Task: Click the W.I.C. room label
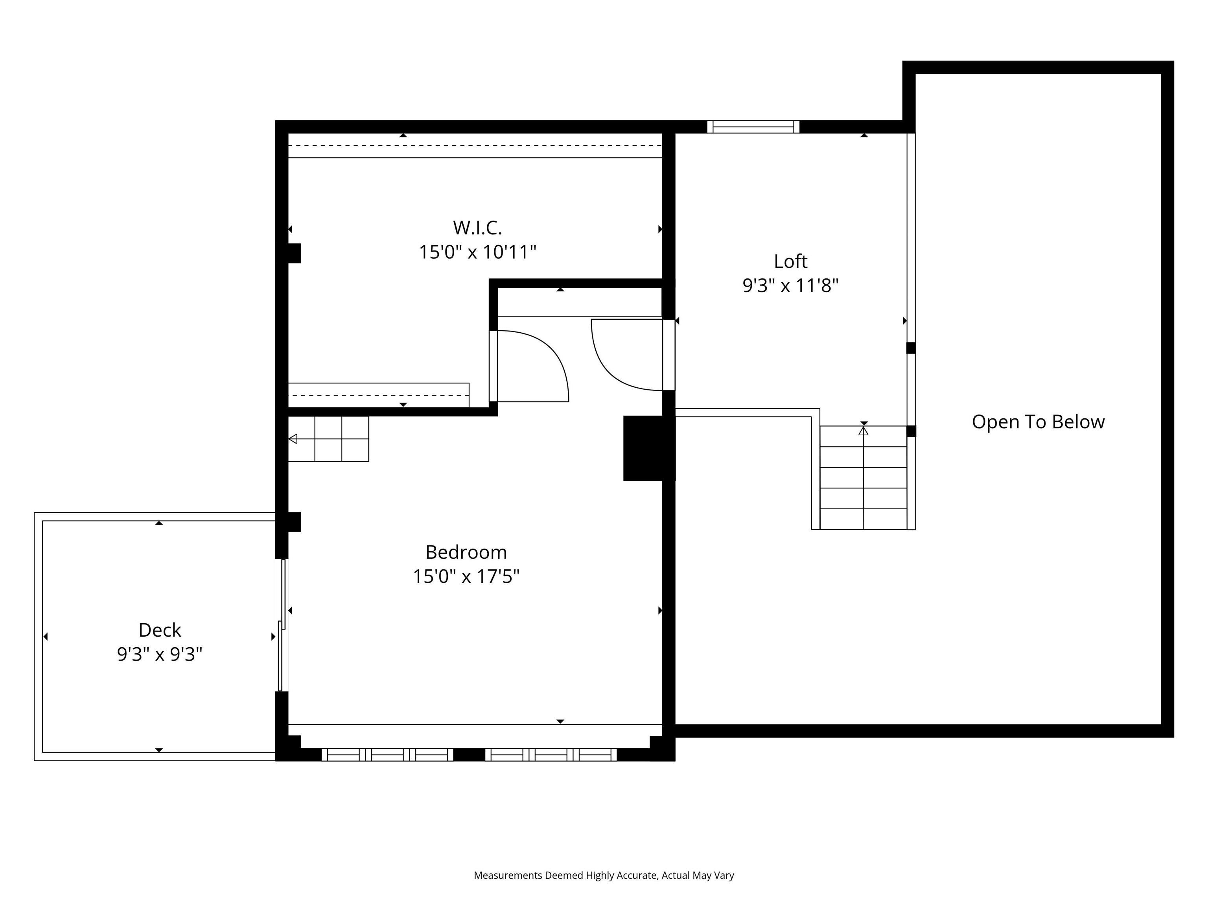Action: tap(477, 227)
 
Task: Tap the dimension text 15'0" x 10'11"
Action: tap(477, 252)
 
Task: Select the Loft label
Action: tap(790, 261)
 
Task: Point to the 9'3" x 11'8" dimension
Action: tap(790, 285)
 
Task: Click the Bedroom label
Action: tap(466, 552)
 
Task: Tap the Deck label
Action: tap(160, 630)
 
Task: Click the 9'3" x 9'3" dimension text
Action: tap(160, 654)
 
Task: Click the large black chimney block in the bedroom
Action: tap(645, 448)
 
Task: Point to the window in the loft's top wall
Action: tap(753, 127)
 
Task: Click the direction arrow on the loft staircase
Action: tap(864, 431)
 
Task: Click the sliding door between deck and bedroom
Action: tap(282, 625)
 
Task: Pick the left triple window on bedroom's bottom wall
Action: tap(387, 755)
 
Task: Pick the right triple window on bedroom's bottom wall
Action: tap(551, 755)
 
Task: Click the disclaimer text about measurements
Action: tap(604, 875)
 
